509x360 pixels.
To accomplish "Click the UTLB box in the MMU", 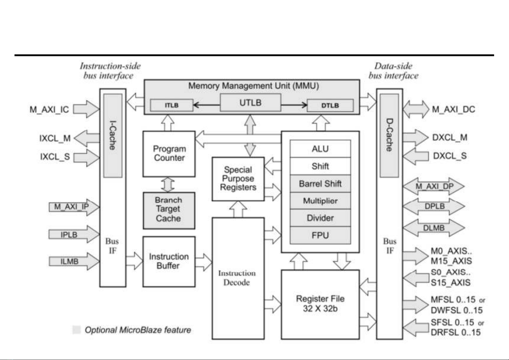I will point(250,103).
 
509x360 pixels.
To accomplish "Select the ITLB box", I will point(172,105).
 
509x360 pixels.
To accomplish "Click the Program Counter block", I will point(169,153).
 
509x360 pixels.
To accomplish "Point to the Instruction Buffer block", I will point(169,262).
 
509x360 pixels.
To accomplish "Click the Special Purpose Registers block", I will point(238,179).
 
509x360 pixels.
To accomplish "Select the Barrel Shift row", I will point(320,184).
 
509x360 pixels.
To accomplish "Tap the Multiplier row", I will point(320,201).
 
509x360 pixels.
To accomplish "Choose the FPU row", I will point(320,235).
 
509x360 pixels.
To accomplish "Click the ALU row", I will point(320,149).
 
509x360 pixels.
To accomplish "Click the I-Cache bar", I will point(113,136).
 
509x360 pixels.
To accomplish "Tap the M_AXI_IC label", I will point(49,109).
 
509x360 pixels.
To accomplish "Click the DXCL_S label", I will point(450,156).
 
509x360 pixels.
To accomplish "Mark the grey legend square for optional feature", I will point(77,330).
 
